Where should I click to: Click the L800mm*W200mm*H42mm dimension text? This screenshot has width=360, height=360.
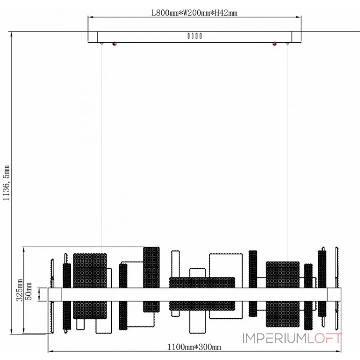click(x=193, y=13)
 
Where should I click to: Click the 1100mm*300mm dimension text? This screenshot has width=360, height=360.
click(x=194, y=346)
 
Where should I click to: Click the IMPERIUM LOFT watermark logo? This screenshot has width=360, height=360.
click(x=292, y=338)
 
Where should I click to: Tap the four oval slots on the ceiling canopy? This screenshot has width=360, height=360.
click(x=194, y=36)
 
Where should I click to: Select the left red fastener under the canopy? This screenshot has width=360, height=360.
click(x=114, y=44)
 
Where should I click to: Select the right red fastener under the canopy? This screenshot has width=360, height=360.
click(x=274, y=44)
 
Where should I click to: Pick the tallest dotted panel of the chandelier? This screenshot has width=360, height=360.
click(x=152, y=279)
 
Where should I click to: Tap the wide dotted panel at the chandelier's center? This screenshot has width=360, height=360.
click(x=202, y=294)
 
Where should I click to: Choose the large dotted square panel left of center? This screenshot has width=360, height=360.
click(x=90, y=286)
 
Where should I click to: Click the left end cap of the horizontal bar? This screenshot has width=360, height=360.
click(x=54, y=294)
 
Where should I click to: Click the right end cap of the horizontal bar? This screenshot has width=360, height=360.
click(x=334, y=294)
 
